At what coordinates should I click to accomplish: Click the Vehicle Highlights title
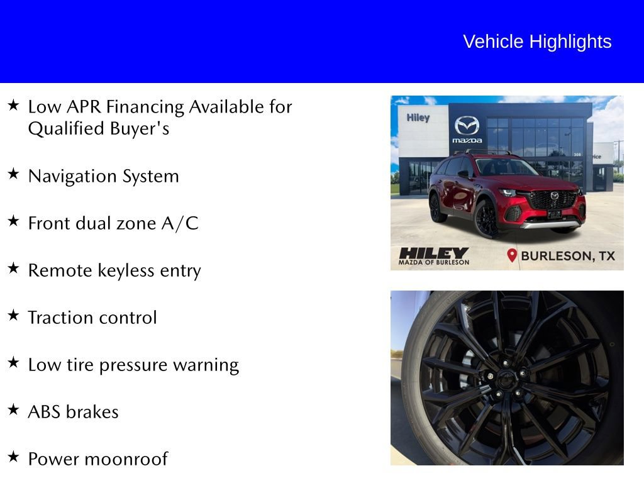[x=537, y=42]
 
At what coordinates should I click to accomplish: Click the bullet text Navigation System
[x=103, y=176]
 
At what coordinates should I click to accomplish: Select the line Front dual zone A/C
[x=113, y=223]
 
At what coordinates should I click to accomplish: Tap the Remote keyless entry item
[x=114, y=270]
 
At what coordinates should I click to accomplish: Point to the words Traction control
[x=92, y=318]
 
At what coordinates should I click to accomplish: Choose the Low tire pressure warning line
[x=133, y=365]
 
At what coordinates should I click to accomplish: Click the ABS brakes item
[x=73, y=412]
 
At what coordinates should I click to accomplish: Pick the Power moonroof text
[x=97, y=459]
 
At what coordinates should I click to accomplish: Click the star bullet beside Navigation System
[x=13, y=174]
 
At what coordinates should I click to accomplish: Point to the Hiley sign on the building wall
[x=418, y=118]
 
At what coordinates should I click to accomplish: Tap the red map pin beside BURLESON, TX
[x=512, y=255]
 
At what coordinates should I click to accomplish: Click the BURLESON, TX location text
[x=568, y=256]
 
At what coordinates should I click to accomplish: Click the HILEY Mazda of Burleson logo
[x=434, y=255]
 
